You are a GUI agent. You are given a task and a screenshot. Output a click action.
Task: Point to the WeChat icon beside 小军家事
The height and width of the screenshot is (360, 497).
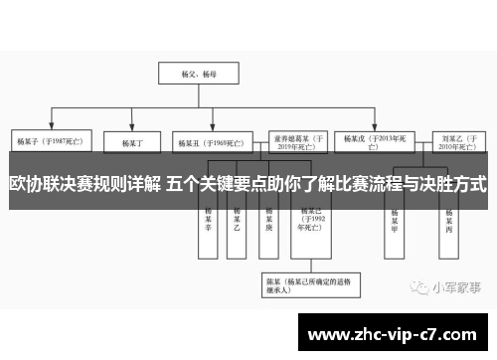[415, 288]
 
